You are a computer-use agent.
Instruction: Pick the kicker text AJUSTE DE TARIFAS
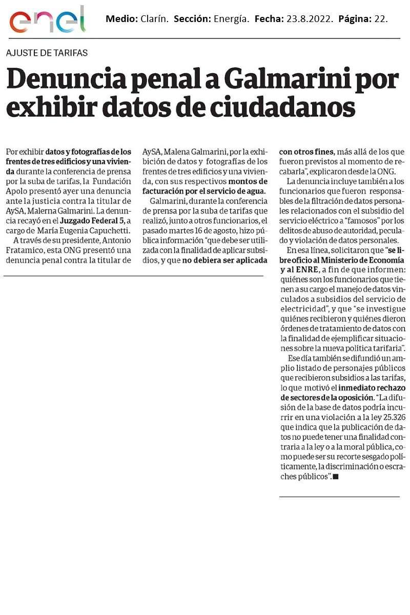(47, 53)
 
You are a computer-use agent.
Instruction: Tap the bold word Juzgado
(75, 220)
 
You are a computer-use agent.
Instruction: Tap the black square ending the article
(336, 477)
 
